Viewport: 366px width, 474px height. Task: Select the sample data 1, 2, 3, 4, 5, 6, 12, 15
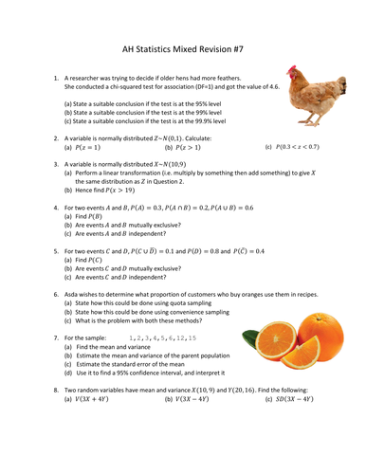(x=162, y=337)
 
